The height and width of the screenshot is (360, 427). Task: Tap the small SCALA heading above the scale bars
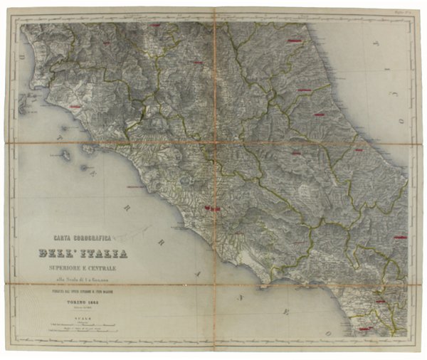80,321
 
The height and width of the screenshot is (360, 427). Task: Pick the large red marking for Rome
212,208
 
